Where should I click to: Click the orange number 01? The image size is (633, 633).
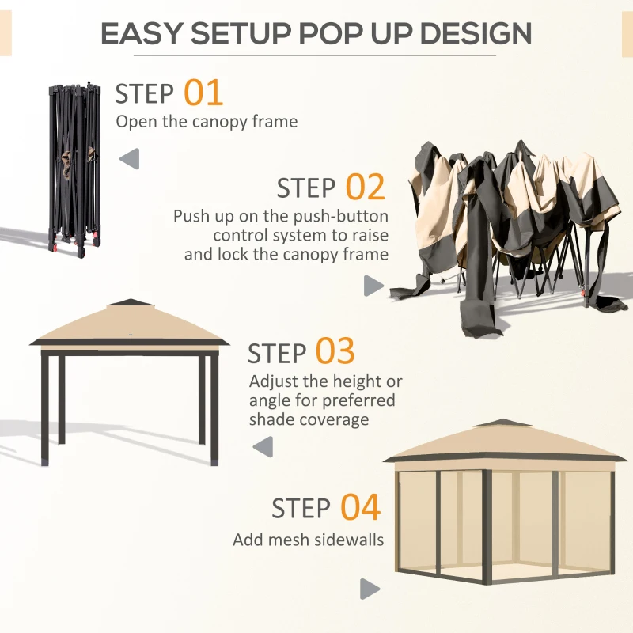204,93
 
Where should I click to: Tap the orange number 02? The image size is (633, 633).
365,188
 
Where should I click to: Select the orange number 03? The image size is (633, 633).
335,351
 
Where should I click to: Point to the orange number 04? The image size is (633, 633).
360,508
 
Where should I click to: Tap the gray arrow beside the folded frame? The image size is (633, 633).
129,158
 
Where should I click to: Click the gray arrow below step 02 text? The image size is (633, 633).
373,286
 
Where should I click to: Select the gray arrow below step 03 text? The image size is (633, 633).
263,447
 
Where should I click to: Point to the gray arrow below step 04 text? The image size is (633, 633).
370,589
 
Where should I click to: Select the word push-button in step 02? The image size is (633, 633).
342,216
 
